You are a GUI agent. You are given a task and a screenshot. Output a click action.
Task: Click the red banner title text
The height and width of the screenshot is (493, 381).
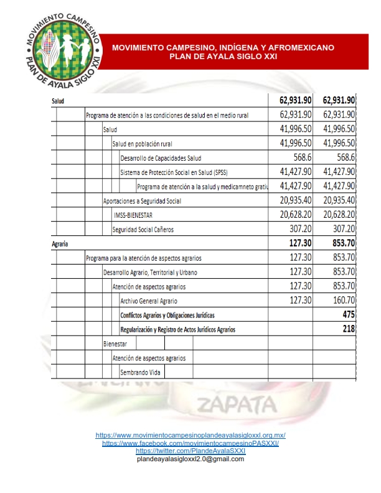tap(223, 52)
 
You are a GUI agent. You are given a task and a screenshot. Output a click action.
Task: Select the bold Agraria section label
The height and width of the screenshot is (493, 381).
tap(60, 244)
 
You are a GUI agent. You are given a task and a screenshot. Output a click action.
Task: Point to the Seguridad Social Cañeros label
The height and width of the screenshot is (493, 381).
tap(143, 230)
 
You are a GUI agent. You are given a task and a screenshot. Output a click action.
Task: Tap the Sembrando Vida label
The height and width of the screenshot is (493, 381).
tap(142, 372)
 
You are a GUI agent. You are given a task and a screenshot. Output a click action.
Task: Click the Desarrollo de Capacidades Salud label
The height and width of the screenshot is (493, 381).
tap(161, 159)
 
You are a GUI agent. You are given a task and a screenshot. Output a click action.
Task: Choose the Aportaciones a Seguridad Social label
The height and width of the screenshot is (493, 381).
tap(142, 201)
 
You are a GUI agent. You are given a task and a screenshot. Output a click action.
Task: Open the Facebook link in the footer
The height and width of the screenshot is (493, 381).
tap(190, 443)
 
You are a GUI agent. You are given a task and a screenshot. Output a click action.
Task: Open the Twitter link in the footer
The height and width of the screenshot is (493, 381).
tap(190, 451)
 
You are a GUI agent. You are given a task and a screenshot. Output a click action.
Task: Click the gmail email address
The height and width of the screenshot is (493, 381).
tap(190, 459)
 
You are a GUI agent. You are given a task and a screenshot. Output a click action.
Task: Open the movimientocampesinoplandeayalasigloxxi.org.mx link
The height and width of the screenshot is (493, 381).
tap(190, 435)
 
